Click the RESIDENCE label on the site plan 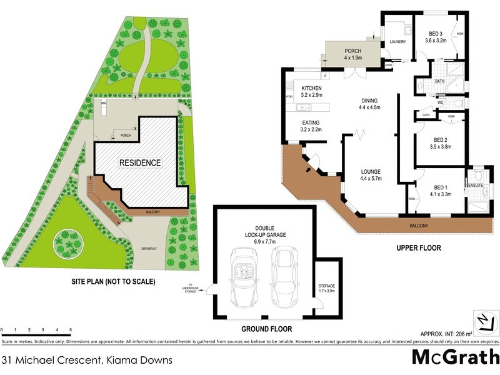[141, 162]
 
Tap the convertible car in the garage [242, 276]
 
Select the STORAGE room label [327, 286]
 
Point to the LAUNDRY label [398, 42]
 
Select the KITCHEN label [311, 88]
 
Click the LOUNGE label [370, 171]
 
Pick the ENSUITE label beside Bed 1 [475, 184]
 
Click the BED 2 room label [440, 140]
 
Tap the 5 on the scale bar [71, 329]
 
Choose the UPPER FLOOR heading [418, 248]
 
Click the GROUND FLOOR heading [266, 329]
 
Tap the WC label [440, 102]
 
